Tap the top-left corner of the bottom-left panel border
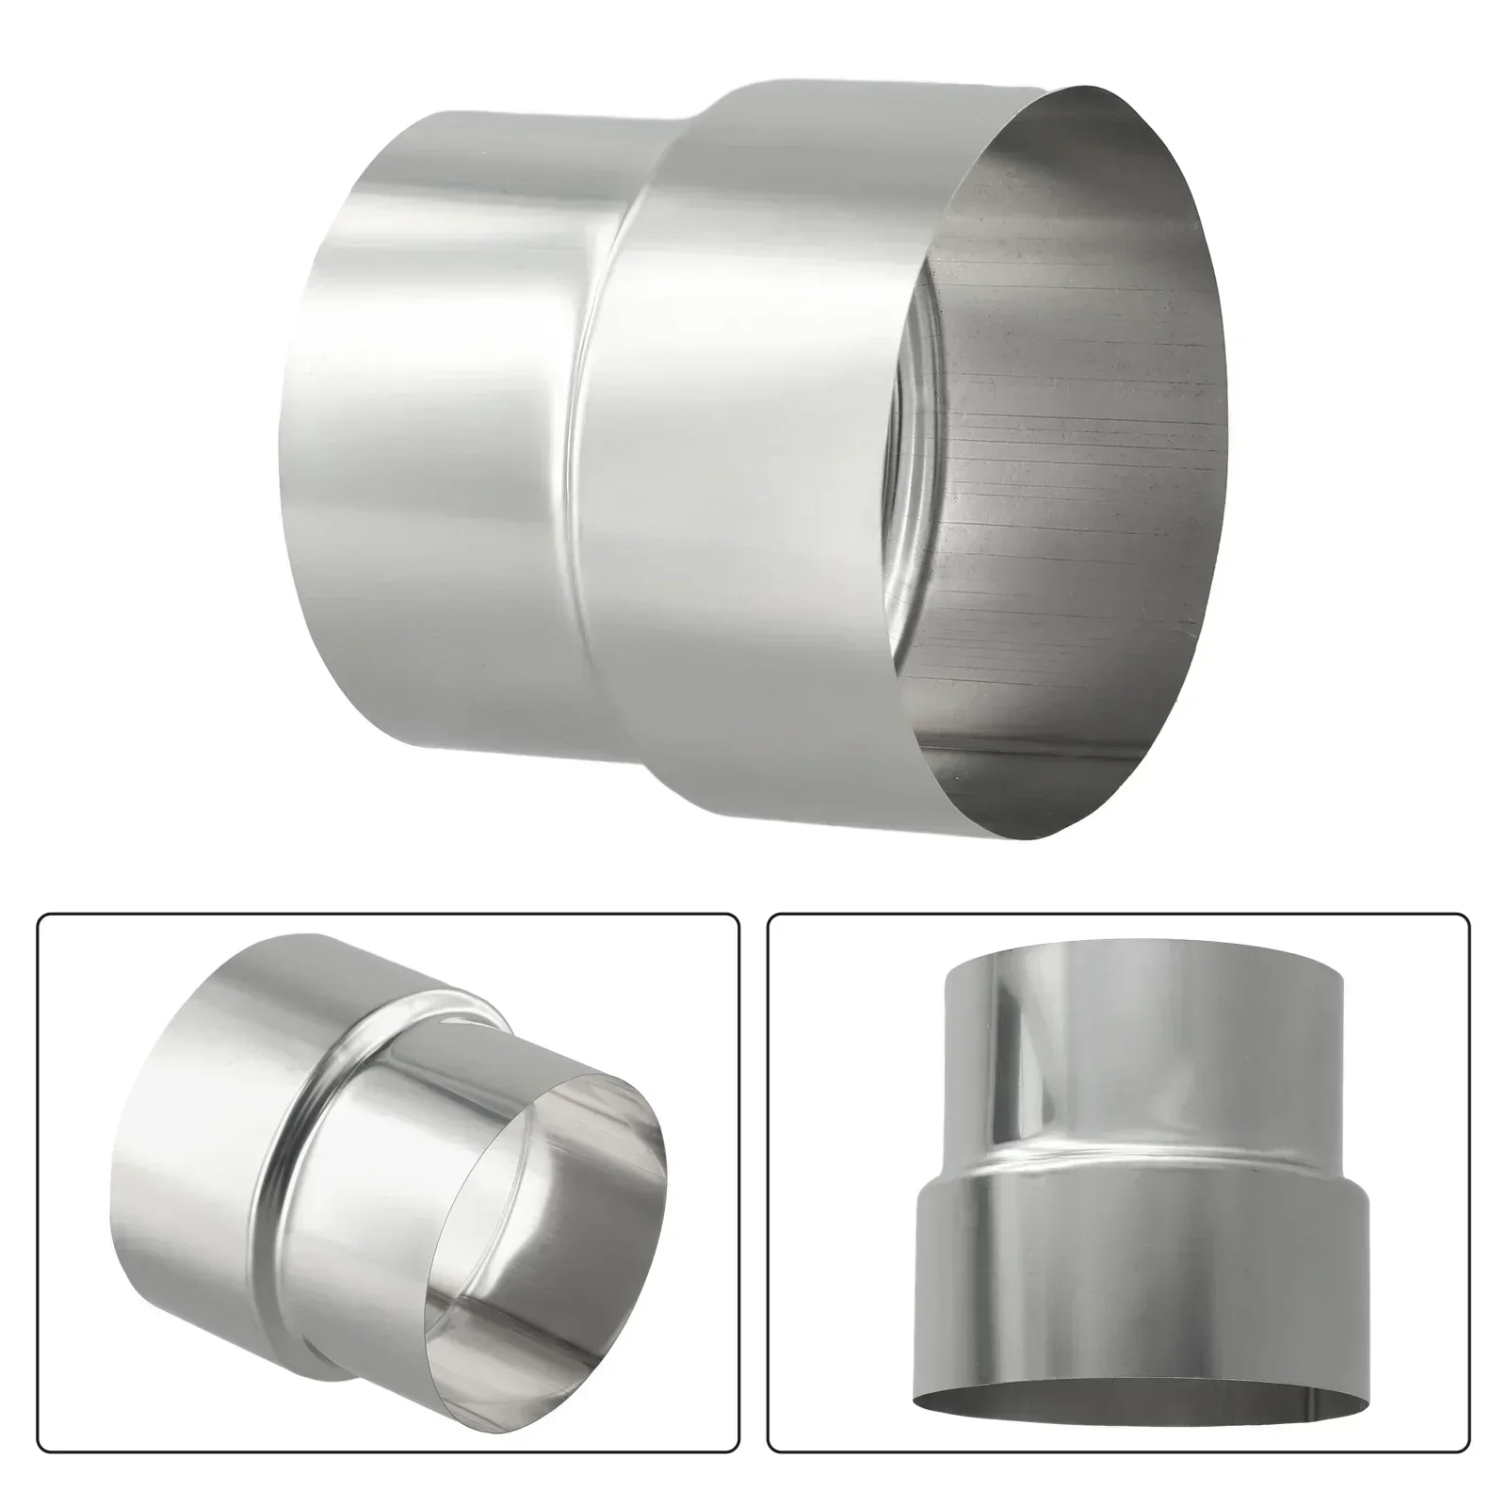point(40,916)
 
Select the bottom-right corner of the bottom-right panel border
point(1467,1475)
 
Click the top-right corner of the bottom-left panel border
point(737,916)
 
